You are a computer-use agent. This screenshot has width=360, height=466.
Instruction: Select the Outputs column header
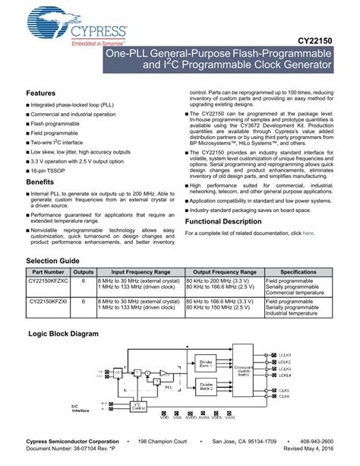84,271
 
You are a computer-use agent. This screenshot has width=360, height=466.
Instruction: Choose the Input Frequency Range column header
141,271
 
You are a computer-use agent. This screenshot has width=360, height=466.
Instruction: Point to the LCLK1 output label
285,354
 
